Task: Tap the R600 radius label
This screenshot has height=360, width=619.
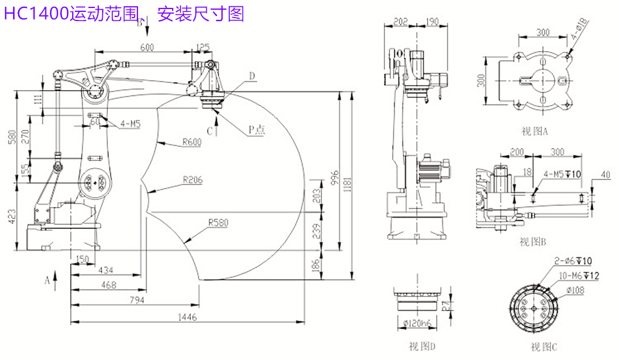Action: pos(192,143)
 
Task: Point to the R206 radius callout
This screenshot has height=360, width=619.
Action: pos(193,180)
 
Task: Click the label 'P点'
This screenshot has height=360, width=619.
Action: pos(256,130)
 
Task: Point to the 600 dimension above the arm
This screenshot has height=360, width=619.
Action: pos(147,48)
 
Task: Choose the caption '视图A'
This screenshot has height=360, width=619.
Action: pos(534,132)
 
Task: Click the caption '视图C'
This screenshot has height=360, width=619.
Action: pos(544,346)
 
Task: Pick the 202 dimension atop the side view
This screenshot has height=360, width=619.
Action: pos(401,22)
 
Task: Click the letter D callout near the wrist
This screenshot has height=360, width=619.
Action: pos(252,76)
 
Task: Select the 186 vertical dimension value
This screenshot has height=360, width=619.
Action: pos(316,265)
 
